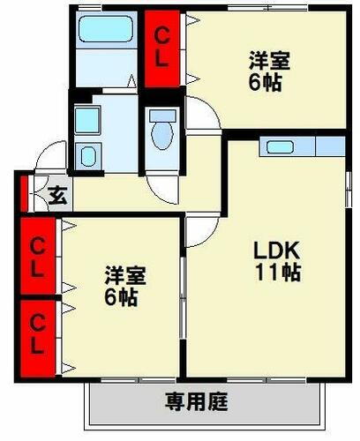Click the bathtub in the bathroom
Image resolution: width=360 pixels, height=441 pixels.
point(104,31)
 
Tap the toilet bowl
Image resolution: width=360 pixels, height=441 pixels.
point(161,132)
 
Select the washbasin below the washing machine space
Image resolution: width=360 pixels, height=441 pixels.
point(87,156)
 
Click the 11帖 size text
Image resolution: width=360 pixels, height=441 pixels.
point(277,273)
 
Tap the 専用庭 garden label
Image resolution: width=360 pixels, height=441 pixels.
point(197,403)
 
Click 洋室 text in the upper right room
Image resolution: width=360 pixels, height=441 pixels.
point(268,62)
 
